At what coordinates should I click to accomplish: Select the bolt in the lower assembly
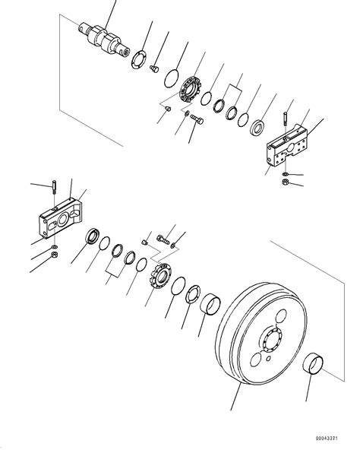coord(162,239)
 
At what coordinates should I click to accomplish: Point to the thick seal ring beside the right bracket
coord(257,125)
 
